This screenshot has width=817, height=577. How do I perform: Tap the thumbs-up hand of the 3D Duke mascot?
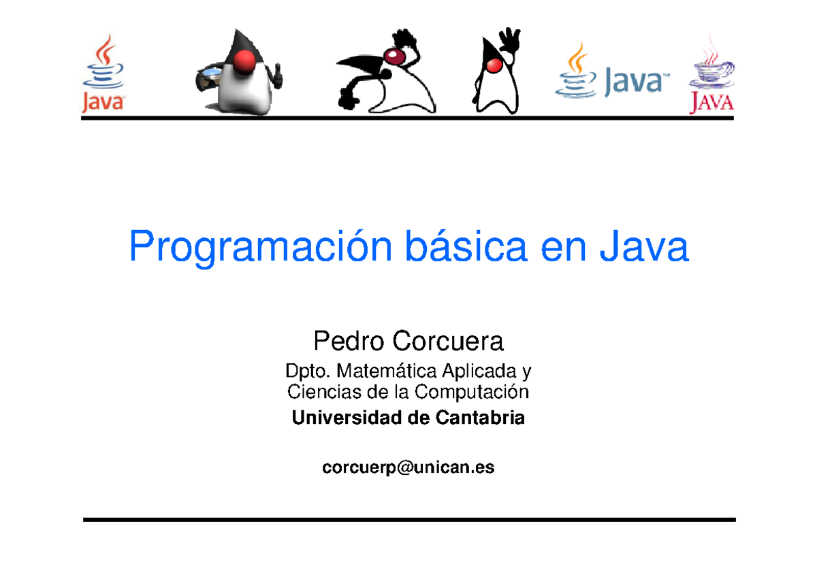(x=277, y=77)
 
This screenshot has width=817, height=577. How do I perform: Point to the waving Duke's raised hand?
(x=508, y=42)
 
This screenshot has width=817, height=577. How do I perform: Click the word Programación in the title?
(x=260, y=248)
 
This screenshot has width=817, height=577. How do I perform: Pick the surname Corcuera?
(x=449, y=340)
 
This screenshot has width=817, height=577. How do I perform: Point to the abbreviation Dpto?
(x=307, y=372)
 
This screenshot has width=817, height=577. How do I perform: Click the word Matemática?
(x=386, y=372)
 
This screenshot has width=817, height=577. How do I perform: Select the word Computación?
(x=471, y=392)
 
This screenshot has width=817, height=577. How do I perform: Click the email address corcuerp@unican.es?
(x=408, y=467)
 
